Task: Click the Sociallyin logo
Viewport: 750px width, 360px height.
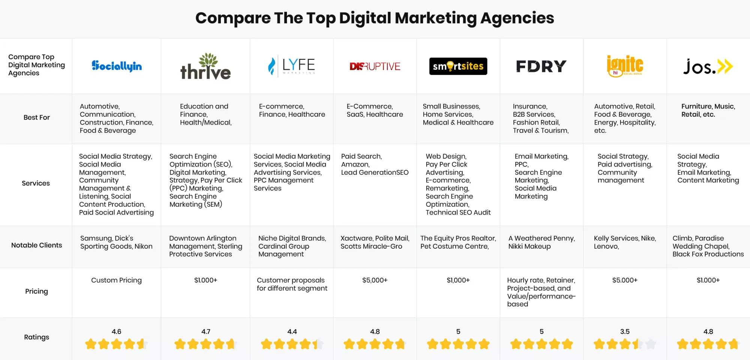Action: tap(117, 66)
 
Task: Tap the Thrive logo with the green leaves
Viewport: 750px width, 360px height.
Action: tap(205, 67)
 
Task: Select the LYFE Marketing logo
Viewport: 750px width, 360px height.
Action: tap(292, 66)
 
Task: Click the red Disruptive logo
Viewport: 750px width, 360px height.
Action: tap(375, 66)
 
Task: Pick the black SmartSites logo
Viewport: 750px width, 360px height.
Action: tap(458, 66)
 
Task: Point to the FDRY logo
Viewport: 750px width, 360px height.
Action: tap(541, 66)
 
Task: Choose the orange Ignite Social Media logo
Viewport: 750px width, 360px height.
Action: tap(625, 66)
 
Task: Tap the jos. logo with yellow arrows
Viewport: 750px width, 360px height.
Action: tap(708, 67)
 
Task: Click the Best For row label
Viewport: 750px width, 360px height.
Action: tap(36, 117)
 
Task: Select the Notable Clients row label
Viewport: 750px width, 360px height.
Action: tap(36, 245)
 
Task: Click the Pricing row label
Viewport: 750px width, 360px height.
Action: tap(36, 291)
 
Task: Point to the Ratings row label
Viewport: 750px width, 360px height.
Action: tap(36, 337)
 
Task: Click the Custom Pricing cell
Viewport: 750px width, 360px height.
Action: tap(116, 280)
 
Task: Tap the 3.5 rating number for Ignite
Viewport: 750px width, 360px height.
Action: tap(625, 331)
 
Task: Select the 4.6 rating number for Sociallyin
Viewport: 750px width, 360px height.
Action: tap(116, 331)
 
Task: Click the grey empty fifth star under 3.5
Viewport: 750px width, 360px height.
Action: tap(651, 344)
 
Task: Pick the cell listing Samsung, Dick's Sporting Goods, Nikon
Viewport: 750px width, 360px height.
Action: tap(116, 242)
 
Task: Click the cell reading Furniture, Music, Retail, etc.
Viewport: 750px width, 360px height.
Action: tap(708, 110)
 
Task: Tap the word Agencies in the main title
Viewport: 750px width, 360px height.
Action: tap(517, 18)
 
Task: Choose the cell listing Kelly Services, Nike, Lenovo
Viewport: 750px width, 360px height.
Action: tap(625, 242)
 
